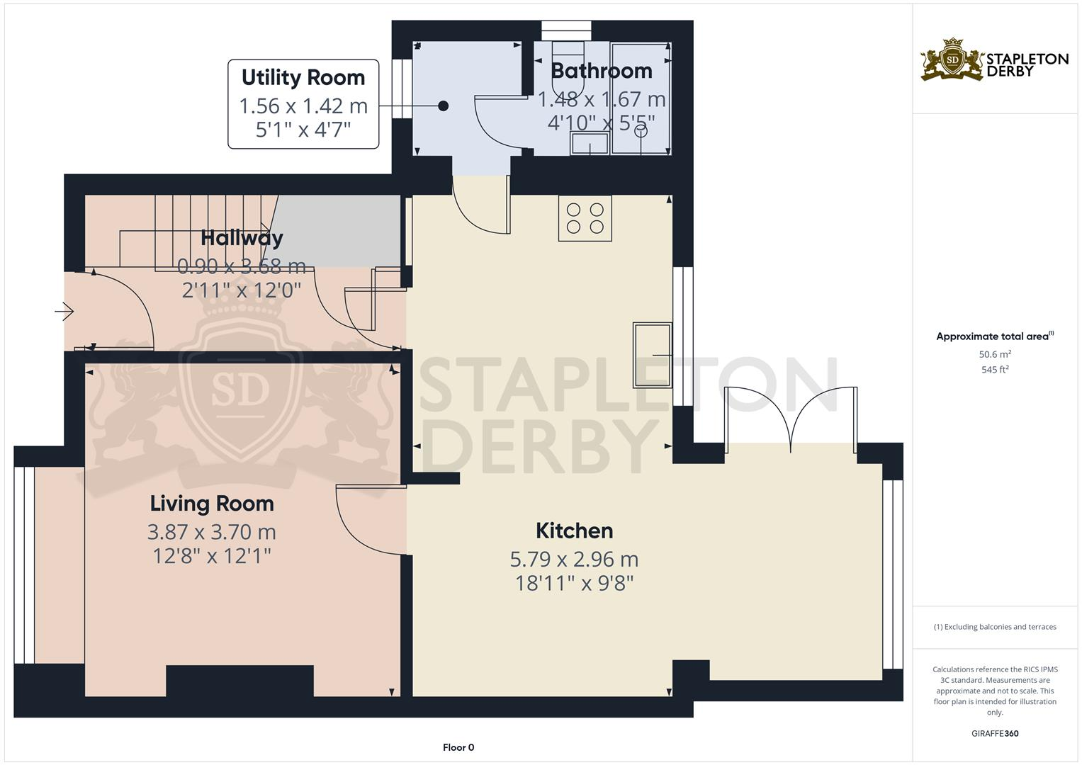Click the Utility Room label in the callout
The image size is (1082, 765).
(303, 77)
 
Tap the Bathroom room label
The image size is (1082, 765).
(601, 71)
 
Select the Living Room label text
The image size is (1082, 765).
(212, 504)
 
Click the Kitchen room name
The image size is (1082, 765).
(574, 531)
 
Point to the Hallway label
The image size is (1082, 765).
(242, 238)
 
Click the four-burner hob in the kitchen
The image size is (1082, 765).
(585, 218)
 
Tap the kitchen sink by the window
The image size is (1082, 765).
(652, 355)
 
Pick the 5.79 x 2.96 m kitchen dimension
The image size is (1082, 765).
(574, 559)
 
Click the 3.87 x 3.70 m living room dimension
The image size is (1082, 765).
(212, 532)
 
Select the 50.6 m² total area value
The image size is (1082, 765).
(995, 354)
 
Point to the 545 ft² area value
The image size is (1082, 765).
(995, 370)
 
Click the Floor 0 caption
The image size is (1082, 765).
(458, 747)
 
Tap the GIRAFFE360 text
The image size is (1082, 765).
(995, 734)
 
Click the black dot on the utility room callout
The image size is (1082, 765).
(443, 106)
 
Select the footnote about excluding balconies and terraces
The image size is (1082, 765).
(995, 627)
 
